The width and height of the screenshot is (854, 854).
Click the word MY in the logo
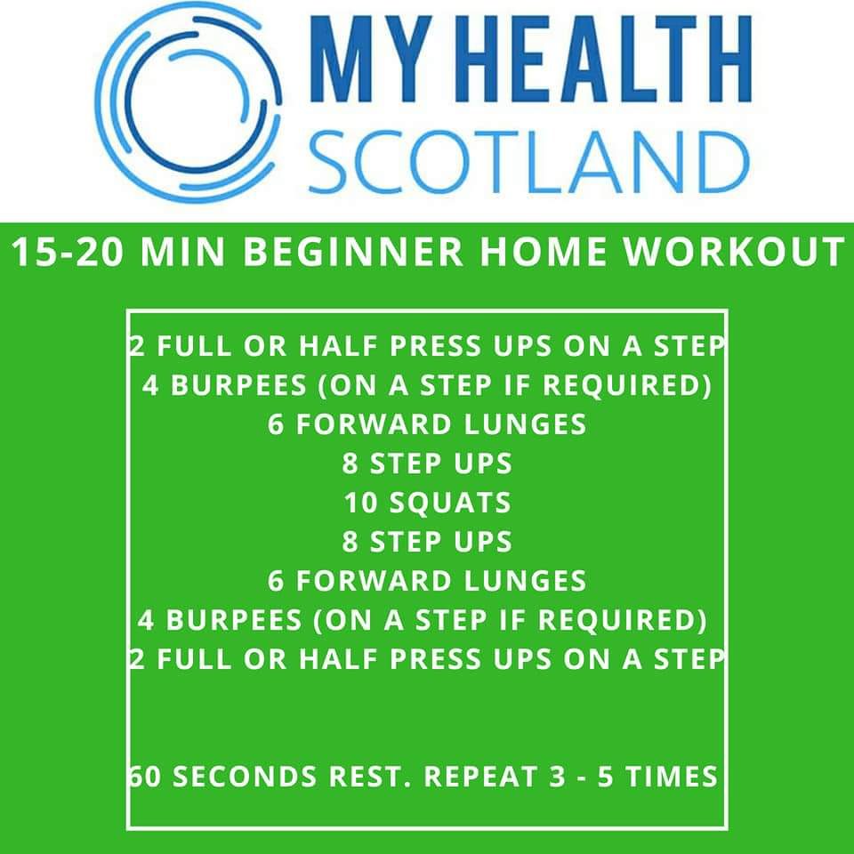[x=372, y=59]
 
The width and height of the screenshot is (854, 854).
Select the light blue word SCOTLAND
[x=529, y=161]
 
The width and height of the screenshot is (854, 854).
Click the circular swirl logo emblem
[x=188, y=102]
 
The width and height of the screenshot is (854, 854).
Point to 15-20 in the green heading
[x=67, y=252]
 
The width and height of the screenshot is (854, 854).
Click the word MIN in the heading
[x=182, y=252]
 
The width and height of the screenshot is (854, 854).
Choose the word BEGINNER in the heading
[x=353, y=252]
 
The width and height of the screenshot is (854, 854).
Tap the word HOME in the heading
[x=543, y=252]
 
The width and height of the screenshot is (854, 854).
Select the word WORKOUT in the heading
[x=734, y=252]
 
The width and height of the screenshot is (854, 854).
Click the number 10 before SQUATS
[x=360, y=502]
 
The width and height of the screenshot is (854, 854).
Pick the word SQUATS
[x=450, y=503]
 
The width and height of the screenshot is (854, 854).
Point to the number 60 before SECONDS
[x=145, y=777]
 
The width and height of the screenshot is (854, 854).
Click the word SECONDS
[x=245, y=777]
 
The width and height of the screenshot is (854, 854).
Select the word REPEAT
[x=481, y=777]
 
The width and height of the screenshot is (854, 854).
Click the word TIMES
[x=673, y=777]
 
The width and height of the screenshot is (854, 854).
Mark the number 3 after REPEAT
[x=557, y=777]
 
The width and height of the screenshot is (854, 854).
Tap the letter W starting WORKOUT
[x=646, y=252]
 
